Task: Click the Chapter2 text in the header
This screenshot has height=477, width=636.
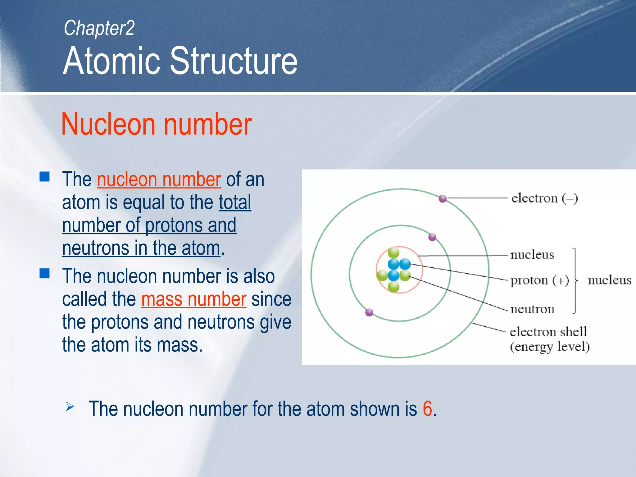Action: coord(99,28)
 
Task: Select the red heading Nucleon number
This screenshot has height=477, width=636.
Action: coord(157,124)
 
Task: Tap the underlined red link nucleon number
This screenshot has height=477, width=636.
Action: coord(159,180)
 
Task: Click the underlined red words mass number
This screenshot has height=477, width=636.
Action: coord(194,299)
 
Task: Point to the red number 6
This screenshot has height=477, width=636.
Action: coord(427,409)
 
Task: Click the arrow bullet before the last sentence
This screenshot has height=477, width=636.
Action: coord(70,407)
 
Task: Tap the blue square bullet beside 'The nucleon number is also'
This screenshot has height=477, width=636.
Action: coord(45,274)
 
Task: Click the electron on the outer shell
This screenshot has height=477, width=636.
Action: coord(443,198)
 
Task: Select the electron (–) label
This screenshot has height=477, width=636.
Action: coord(544,198)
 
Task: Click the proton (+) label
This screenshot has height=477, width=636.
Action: coord(539,280)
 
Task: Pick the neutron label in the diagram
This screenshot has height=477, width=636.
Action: coord(532,309)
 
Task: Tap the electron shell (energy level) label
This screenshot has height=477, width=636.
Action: coord(549,339)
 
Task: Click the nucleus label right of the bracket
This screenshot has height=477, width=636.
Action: coord(609,280)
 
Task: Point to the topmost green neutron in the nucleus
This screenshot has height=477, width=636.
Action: coord(393,252)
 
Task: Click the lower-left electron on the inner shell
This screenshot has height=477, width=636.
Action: coord(369,312)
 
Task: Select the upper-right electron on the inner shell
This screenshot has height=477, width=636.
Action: coord(432,237)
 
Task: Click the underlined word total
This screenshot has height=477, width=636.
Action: coord(235,202)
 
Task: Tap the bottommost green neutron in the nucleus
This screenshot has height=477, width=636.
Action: coord(393,286)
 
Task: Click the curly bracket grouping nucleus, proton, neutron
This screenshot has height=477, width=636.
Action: coord(575,280)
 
